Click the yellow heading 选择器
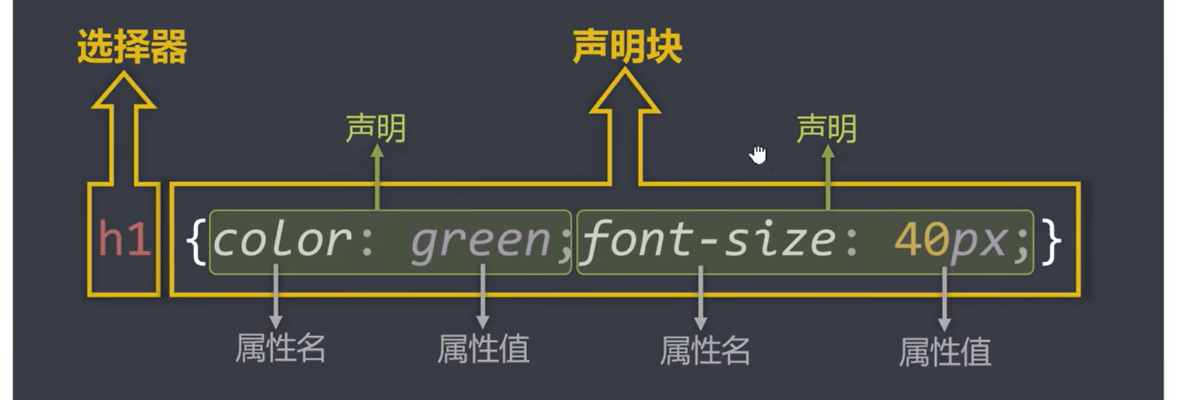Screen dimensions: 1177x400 (x=132, y=47)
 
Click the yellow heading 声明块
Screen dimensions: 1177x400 (x=627, y=47)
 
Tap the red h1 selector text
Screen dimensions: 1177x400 (x=124, y=239)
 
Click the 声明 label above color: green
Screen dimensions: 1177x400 (x=375, y=128)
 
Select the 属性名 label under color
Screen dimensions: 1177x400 (x=280, y=348)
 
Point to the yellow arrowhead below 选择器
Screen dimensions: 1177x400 (x=123, y=91)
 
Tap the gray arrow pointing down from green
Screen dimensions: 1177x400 (x=482, y=298)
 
